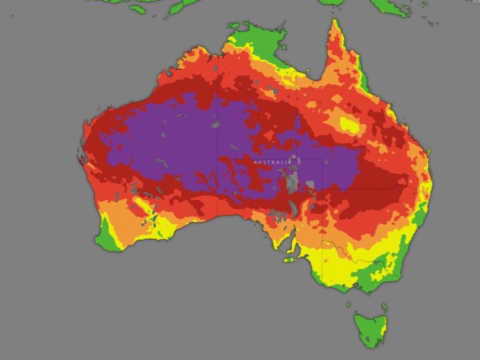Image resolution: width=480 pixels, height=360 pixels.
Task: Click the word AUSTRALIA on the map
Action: (273, 162)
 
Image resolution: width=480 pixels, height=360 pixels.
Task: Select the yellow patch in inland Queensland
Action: (348, 125)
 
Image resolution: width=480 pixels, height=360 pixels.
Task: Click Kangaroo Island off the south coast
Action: (290, 259)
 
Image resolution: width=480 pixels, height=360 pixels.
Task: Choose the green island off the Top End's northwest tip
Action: (234, 25)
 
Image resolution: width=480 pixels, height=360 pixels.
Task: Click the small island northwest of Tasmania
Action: (348, 305)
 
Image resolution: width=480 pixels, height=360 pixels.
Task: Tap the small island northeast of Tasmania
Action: (383, 307)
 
